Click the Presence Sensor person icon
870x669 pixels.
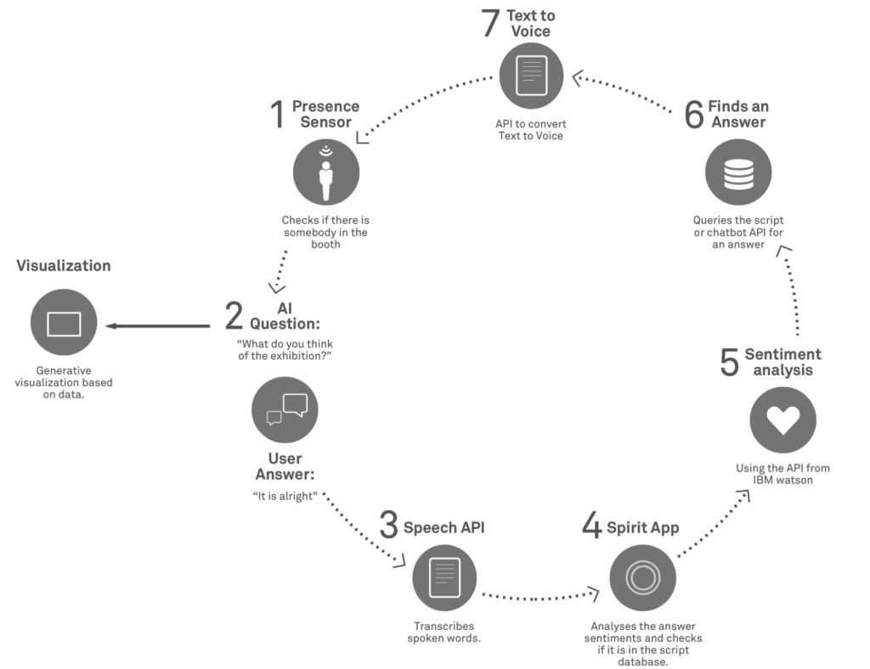pyautogui.click(x=326, y=172)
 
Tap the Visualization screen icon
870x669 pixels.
pyautogui.click(x=64, y=325)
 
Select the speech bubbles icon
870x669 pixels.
pyautogui.click(x=285, y=409)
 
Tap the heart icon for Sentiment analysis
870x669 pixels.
pyautogui.click(x=782, y=419)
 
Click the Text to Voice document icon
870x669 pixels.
pyautogui.click(x=531, y=75)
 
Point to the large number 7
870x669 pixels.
pyautogui.click(x=490, y=25)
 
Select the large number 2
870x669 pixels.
pyautogui.click(x=234, y=315)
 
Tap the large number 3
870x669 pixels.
pyautogui.click(x=388, y=526)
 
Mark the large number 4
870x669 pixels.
pyautogui.click(x=591, y=526)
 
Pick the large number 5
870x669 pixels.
pyautogui.click(x=729, y=363)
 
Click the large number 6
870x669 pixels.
pyautogui.click(x=694, y=115)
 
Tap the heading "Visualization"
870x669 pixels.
pyautogui.click(x=64, y=266)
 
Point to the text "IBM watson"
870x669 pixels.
pyautogui.click(x=782, y=480)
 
